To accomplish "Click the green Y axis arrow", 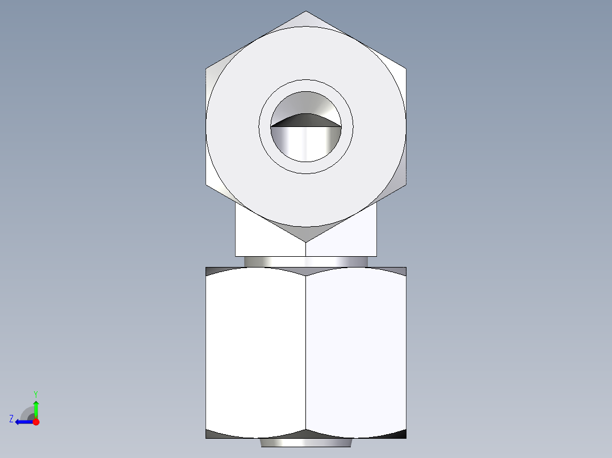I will point(36,407).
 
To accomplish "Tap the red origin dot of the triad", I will point(36,422).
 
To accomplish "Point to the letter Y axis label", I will point(35,393).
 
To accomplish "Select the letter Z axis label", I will point(11,419).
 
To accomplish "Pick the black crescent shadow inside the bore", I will point(305,120).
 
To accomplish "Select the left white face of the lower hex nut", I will point(255,351).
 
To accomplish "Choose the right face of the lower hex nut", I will point(357,351).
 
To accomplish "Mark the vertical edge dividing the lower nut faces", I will point(306,351).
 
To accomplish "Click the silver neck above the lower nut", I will point(306,261).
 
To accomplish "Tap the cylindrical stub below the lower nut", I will point(306,442).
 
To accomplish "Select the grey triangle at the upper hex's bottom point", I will point(306,233).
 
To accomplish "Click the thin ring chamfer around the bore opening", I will point(306,85).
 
